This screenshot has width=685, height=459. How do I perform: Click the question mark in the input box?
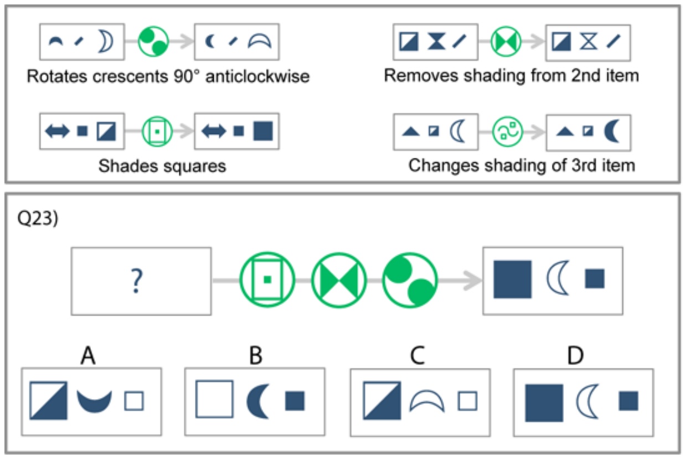tap(136, 281)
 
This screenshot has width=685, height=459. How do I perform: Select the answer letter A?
tap(88, 355)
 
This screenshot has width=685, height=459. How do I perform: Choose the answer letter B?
tap(256, 355)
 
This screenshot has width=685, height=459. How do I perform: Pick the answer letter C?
tap(418, 355)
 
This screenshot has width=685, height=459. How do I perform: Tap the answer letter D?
tap(575, 355)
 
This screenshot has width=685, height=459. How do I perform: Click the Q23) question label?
tap(38, 218)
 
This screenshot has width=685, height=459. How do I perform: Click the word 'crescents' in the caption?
tap(131, 76)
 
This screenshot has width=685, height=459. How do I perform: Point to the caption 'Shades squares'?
tap(162, 166)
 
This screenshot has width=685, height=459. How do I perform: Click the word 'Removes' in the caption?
tap(421, 75)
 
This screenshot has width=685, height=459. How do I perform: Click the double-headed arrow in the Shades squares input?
tap(57, 131)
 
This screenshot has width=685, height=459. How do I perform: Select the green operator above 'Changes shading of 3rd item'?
tap(508, 132)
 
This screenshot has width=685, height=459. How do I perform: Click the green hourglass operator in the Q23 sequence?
tap(339, 280)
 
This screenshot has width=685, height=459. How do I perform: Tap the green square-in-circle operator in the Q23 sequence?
tap(267, 280)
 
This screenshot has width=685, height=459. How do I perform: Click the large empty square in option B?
tap(214, 399)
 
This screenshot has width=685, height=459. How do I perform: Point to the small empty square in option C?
tap(467, 401)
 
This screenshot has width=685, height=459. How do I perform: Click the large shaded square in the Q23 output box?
tap(513, 279)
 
